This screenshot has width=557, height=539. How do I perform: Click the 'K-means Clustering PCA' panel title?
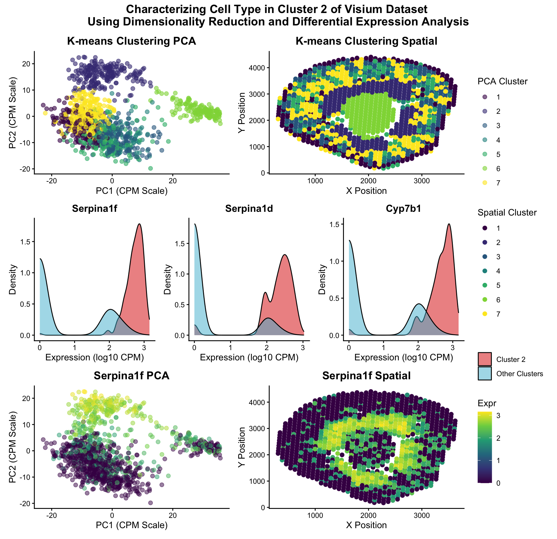(x=131, y=41)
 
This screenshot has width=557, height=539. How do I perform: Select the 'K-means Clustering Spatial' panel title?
(x=366, y=41)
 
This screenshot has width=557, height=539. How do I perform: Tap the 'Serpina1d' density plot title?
(x=249, y=209)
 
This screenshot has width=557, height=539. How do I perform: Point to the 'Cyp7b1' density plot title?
(x=403, y=209)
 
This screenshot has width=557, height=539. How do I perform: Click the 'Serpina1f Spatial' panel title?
(x=366, y=376)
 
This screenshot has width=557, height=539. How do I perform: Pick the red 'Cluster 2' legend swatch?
(x=484, y=359)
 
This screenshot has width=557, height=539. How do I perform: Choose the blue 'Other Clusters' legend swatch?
(x=484, y=373)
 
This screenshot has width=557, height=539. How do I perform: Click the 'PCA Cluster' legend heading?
(x=502, y=82)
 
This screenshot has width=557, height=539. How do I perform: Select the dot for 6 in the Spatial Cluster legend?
(x=485, y=300)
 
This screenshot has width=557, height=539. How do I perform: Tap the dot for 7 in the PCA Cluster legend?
(x=485, y=183)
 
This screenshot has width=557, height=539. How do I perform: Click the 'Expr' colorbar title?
(x=487, y=403)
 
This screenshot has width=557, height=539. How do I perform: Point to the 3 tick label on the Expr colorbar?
(x=498, y=416)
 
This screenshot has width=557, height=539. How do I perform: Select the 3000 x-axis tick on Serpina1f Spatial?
(x=422, y=516)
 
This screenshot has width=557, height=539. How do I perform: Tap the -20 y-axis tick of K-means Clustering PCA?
(x=26, y=169)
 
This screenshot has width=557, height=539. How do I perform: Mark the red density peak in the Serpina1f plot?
(x=139, y=224)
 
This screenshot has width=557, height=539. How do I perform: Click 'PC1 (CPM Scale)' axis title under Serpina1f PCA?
(x=131, y=525)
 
